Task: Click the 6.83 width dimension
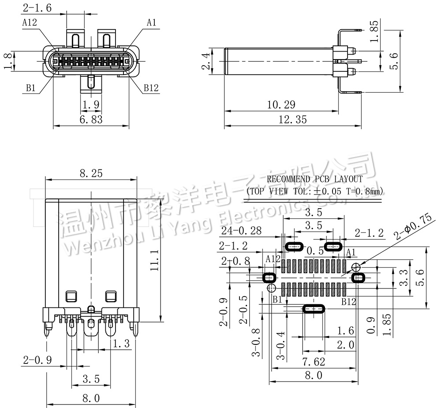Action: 91,120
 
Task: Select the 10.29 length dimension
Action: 281,105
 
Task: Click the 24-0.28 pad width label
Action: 241,230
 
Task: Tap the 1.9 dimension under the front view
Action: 90,105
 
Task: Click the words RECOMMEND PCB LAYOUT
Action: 315,180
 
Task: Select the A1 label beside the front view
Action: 152,22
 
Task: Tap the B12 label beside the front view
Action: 151,88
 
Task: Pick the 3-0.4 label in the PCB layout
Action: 280,346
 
